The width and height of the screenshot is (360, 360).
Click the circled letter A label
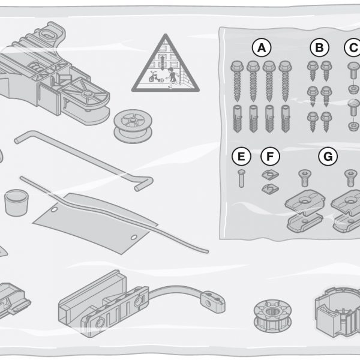coord(262,48)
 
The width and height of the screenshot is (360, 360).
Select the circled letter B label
coord(319,48)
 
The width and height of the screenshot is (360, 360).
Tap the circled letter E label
coord(241,157)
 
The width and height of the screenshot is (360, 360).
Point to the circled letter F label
coord(270,157)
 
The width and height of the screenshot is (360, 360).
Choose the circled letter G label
coord(328,157)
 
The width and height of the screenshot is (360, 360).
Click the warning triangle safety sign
coord(166,63)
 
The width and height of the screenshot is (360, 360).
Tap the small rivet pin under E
coord(241,178)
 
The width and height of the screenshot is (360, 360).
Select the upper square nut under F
coord(270,175)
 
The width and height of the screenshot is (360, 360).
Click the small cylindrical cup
coord(16,203)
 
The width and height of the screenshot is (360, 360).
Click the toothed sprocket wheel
coord(272,316)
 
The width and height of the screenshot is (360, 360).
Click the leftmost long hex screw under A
coord(237,81)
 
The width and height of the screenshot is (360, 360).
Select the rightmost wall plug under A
coord(285,118)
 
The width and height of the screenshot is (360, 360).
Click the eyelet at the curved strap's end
coord(212,302)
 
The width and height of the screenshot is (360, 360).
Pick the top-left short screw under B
coord(313,70)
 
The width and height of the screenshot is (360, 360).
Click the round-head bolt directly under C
coord(353,70)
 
